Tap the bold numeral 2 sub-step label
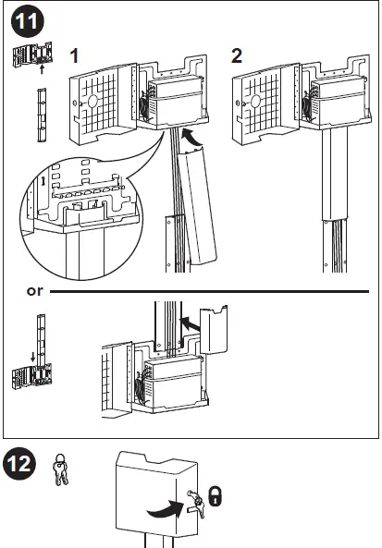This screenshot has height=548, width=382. pos(237,55)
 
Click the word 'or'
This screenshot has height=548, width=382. pos(35,291)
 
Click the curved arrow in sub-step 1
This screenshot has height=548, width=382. pos(190,139)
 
